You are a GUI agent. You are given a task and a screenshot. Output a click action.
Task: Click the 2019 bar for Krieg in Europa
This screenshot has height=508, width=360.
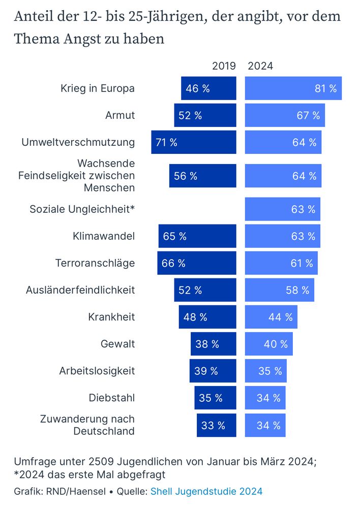click(208, 88)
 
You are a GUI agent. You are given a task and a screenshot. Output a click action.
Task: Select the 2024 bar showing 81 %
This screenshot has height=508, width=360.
click(293, 88)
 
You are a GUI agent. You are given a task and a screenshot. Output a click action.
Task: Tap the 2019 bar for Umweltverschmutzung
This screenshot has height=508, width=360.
click(194, 142)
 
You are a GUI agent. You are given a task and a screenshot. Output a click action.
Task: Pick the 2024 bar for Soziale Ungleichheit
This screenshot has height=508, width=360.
click(283, 209)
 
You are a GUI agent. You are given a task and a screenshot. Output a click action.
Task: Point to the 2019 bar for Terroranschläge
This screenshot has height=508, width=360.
click(197, 263)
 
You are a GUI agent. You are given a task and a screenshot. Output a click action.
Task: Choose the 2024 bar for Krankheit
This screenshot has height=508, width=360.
click(271, 317)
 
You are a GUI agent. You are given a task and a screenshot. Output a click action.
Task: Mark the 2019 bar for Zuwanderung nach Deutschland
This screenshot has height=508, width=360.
click(217, 425)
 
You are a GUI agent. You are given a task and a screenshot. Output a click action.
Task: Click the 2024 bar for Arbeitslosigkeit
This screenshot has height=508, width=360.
click(266, 371)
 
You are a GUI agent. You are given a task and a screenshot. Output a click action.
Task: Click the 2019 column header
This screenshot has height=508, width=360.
click(224, 66)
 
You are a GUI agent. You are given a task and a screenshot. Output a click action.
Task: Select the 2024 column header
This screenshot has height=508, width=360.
click(260, 66)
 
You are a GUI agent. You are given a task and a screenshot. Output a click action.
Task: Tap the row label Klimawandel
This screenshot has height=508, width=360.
click(104, 236)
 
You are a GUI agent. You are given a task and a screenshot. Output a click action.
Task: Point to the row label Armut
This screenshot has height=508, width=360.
click(120, 115)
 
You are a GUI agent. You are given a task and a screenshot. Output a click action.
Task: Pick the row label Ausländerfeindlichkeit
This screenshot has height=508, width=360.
click(80, 290)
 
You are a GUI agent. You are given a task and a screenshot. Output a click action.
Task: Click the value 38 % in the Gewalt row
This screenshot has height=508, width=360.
click(207, 344)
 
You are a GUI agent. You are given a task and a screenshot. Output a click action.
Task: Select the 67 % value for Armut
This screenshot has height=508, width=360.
click(308, 115)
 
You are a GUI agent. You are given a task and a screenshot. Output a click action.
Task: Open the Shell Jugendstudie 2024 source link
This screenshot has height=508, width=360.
click(206, 491)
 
